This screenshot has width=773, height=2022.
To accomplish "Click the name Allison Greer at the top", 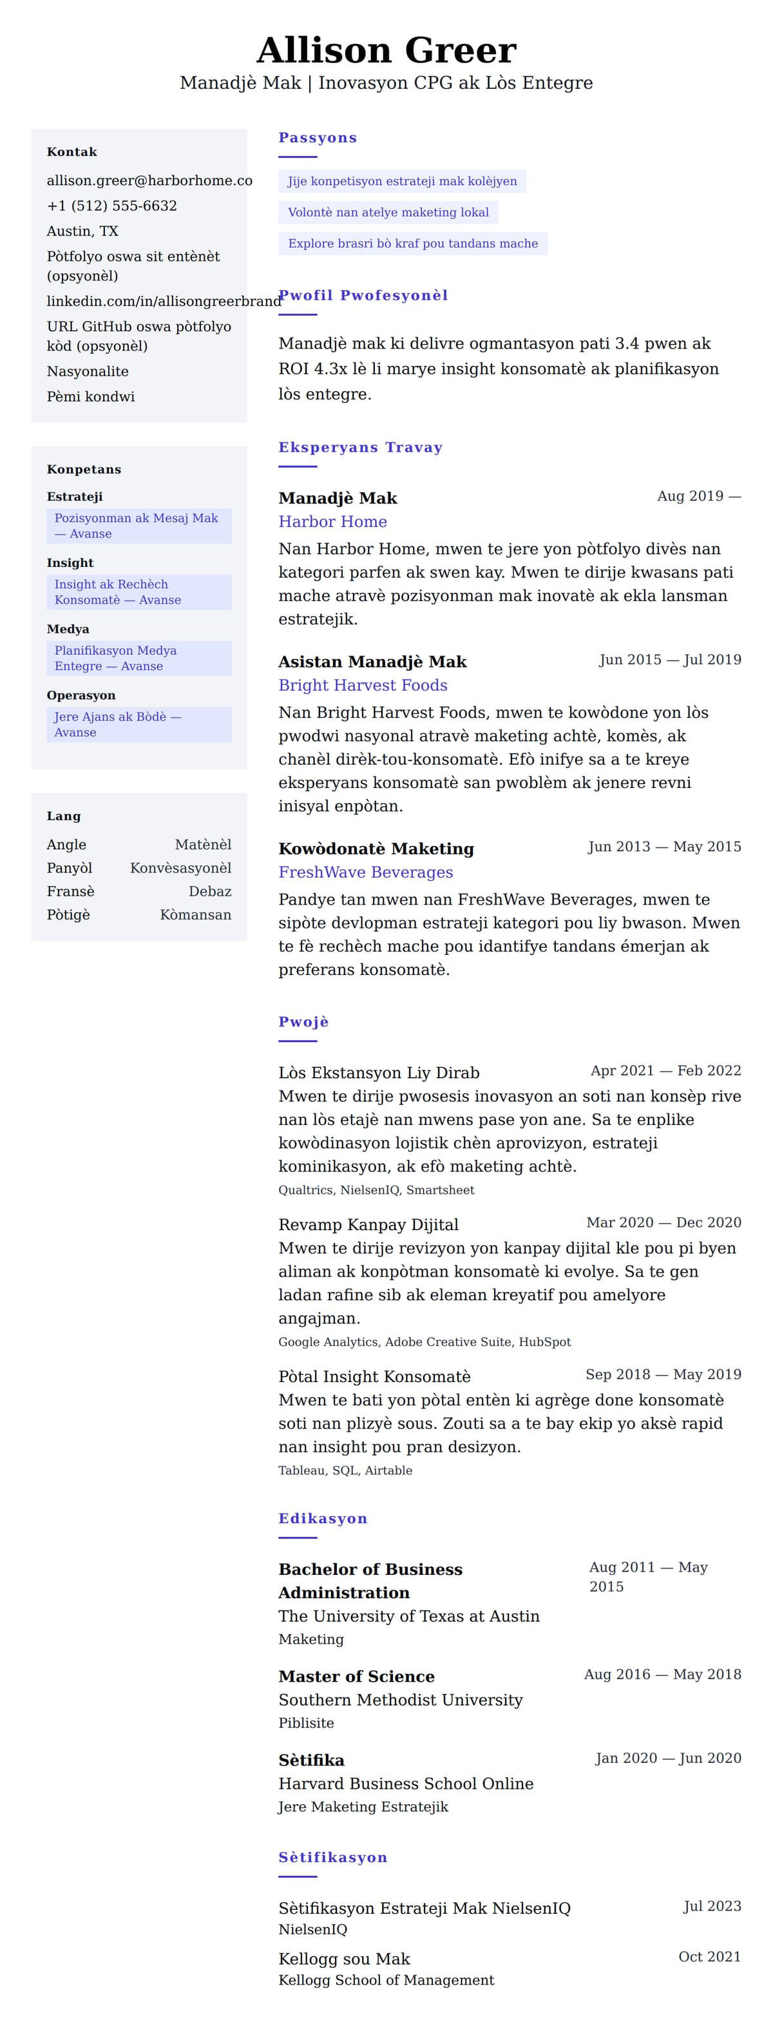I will pos(386,50).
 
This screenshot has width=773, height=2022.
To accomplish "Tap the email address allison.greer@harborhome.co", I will pos(149,180).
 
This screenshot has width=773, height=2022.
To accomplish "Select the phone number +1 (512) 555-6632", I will pos(111,206).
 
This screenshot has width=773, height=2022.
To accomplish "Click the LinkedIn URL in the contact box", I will pos(163,301).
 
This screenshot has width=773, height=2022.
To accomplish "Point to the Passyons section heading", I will pos(317,138).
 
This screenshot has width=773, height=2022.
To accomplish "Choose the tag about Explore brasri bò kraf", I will pos(412,244).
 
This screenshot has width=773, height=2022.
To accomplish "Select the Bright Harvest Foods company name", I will pos(363,685).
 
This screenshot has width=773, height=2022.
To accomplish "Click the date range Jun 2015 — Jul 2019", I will pos(669,659).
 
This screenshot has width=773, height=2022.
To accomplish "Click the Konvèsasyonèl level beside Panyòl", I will pos(180,868).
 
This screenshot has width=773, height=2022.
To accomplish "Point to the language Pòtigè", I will pos(68,914).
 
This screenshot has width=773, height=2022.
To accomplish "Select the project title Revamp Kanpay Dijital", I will pos(368,1224).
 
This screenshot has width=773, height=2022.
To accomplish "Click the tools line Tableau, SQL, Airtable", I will pos(345,1470).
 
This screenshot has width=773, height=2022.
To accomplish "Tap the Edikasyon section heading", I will pos(323,1518).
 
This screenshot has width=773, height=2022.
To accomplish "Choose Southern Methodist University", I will pos(400,1699).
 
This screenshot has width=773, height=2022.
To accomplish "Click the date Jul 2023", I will pos(712,1906).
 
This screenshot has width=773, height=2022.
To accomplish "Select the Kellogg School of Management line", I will pos(386,1979).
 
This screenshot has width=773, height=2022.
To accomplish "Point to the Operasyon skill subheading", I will pos(81,695).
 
